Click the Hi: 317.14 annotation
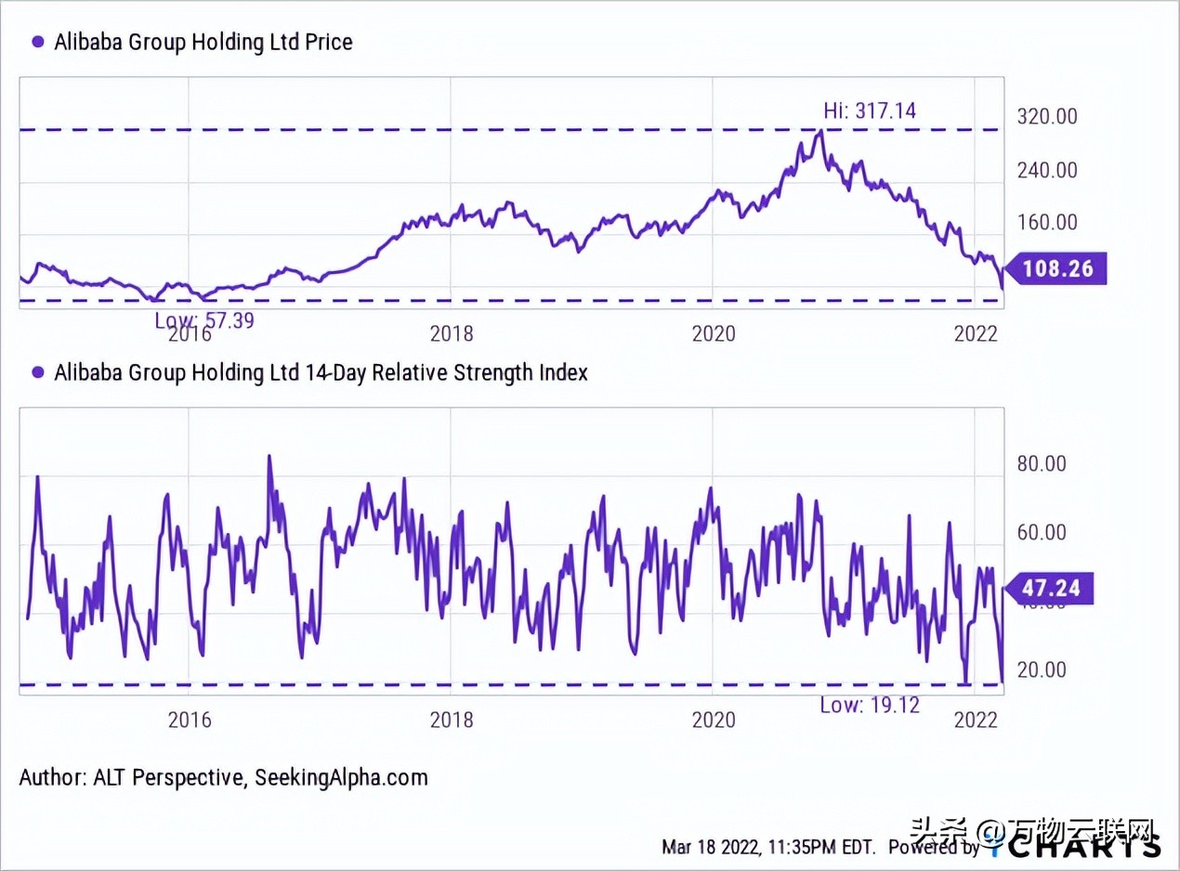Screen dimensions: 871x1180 click(869, 111)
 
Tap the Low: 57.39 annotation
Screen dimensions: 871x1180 click(204, 320)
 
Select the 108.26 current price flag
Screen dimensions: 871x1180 click(1056, 269)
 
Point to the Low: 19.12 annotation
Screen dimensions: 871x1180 click(869, 705)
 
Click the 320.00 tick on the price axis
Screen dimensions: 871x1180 click(1047, 117)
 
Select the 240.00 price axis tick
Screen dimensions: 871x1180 click(1047, 170)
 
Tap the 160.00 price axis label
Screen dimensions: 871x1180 click(1047, 223)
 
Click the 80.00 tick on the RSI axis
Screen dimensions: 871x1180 click(1042, 464)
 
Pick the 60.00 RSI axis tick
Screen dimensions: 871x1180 click(1042, 533)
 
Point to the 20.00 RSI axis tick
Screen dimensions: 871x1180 click(1042, 670)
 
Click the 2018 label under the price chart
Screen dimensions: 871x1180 click(452, 333)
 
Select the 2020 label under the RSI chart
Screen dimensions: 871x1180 click(713, 720)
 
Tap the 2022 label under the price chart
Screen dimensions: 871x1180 click(977, 333)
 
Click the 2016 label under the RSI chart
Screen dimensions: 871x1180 click(190, 720)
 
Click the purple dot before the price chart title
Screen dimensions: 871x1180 click(38, 42)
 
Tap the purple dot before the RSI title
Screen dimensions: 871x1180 click(38, 372)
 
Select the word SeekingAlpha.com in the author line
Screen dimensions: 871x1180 click(341, 777)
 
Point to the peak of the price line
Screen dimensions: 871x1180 click(819, 132)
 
